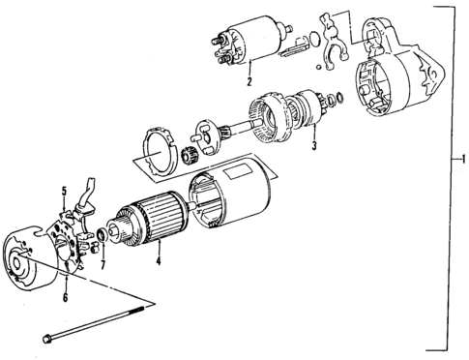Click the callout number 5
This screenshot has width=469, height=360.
65,191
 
